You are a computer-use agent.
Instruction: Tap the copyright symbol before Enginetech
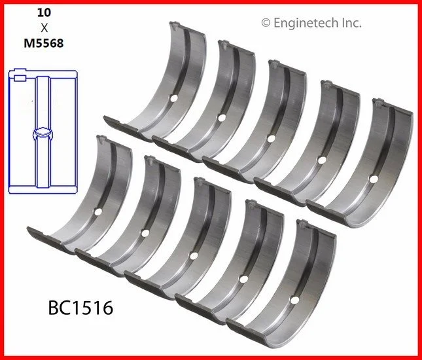click(266, 23)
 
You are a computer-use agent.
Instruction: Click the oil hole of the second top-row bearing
click(222, 118)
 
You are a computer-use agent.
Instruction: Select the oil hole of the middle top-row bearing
click(270, 137)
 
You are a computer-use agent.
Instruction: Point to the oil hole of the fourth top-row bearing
click(321, 160)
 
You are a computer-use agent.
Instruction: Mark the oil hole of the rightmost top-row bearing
click(372, 179)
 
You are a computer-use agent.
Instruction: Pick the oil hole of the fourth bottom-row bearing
click(244, 279)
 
